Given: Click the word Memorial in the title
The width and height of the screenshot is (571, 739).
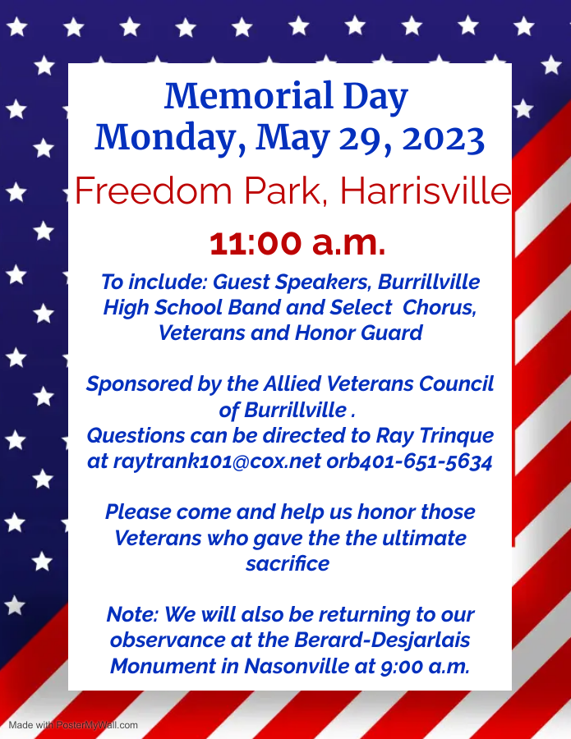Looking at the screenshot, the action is coord(249,96).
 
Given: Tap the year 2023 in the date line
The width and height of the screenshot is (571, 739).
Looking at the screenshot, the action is coord(444,139).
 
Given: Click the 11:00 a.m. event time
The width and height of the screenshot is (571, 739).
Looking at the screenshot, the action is coord(297,243).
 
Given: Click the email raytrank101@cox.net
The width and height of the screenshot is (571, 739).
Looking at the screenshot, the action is coord(218,461).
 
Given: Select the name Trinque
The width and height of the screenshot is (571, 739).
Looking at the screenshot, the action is coord(457,436).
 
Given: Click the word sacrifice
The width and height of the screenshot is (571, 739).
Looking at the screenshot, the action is coord(288,563).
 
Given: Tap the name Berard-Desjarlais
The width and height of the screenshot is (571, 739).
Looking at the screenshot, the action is coord(382,640).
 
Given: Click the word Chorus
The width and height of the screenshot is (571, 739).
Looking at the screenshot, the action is coord(440,307).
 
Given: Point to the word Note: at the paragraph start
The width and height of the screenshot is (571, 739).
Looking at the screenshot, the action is coord(132,614).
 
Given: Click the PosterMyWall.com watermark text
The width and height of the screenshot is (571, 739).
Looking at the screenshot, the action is coord(97,725).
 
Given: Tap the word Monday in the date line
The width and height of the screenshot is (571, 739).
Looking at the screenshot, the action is coord(170,139).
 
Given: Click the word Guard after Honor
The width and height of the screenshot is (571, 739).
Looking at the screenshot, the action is coord(391,333).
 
